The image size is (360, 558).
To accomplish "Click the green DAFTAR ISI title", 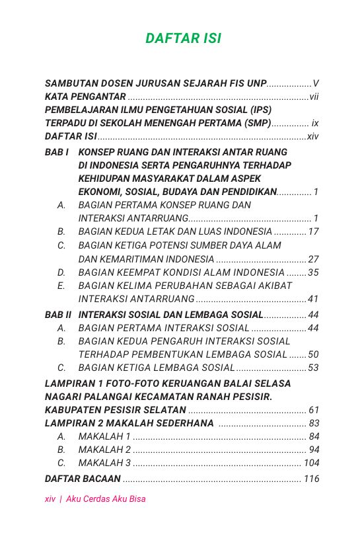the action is click(183, 39).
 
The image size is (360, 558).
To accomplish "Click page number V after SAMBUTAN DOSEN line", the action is click(316, 84).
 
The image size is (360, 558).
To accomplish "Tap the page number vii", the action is click(314, 97).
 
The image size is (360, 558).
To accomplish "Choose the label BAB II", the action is click(58, 315).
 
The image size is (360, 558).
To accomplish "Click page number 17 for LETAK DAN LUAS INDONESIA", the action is click(314, 231).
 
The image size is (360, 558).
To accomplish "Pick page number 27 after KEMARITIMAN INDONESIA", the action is click(314, 259).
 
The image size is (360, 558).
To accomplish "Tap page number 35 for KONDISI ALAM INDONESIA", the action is click(314, 272).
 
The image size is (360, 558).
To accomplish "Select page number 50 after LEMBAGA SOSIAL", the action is click(314, 354).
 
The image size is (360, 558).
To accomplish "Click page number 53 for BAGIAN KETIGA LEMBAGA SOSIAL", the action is click(314, 368).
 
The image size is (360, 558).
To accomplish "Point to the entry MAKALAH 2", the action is click(104, 450).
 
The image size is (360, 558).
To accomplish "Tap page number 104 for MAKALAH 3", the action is click(312, 463).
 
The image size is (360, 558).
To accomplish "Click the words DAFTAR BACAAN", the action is click(83, 479).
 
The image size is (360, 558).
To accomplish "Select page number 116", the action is click(312, 479).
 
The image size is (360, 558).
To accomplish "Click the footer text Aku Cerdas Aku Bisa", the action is click(106, 499).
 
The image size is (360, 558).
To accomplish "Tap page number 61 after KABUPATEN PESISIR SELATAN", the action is click(314, 410).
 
